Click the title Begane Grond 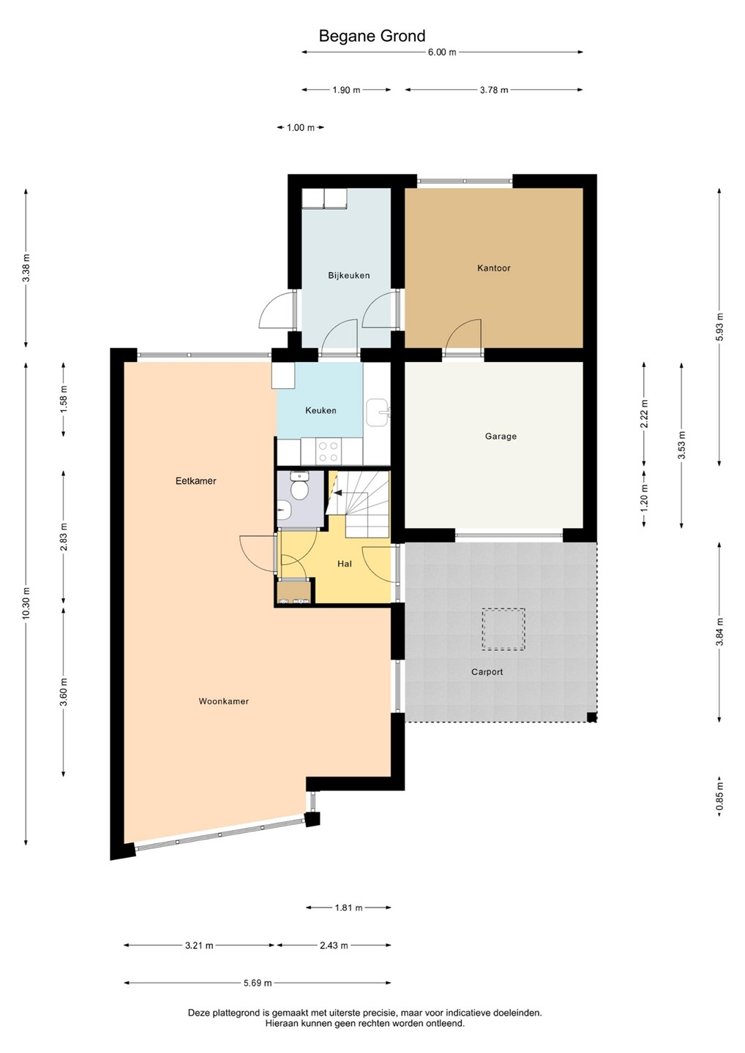pos(372,37)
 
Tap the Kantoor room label pos(493,268)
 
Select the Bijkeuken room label pos(349,276)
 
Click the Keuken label pos(321,410)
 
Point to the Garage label pos(501,437)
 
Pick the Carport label pos(487,672)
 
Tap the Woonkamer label pos(223,701)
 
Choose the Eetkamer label pos(195,481)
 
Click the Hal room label pos(344,564)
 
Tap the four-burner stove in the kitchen pos(327,451)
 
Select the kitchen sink pos(377,412)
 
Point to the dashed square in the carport pos(503,630)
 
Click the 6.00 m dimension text pos(441,52)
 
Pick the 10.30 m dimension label pos(26,603)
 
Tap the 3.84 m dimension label pos(719,632)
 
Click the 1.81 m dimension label pos(348,907)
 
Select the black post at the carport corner pos(591,717)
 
